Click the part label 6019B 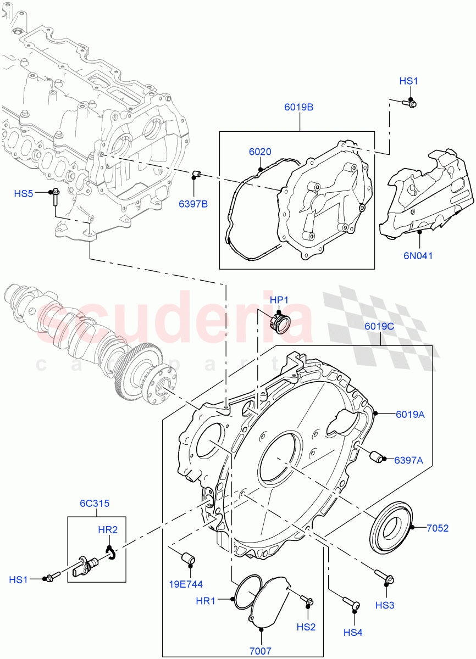point(298,108)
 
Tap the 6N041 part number point(419,255)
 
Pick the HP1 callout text point(279,300)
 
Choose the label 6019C point(379,326)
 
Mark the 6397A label point(408,460)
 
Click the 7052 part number point(438,528)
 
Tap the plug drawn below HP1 point(281,322)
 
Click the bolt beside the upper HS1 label point(409,103)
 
